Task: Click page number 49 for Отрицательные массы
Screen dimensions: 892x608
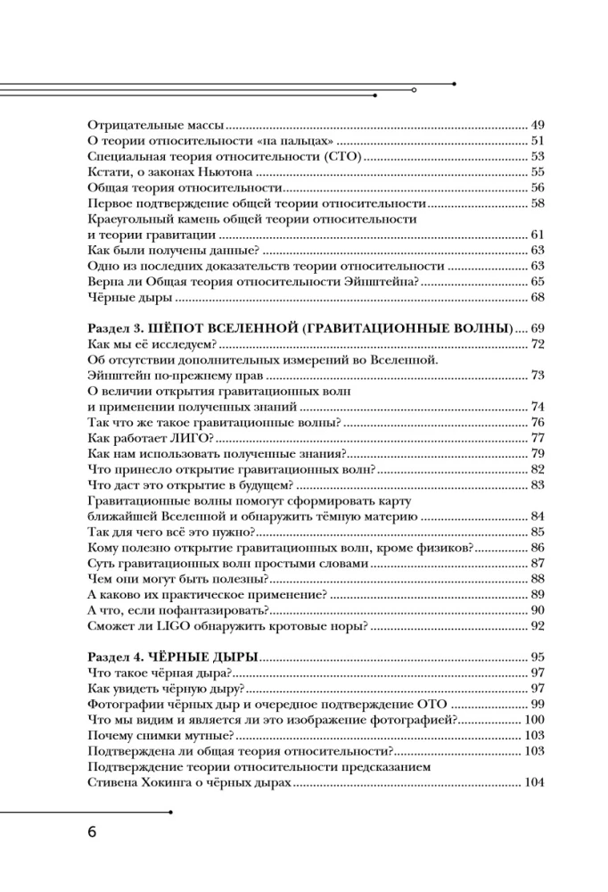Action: (537, 125)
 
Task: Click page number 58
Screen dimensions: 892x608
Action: (537, 203)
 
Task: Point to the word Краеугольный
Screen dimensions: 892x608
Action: (129, 219)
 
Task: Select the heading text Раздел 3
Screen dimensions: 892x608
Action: (116, 328)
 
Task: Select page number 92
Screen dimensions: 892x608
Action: (537, 626)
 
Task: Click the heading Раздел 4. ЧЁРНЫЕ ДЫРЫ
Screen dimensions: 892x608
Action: (174, 657)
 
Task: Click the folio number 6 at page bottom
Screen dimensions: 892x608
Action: (92, 833)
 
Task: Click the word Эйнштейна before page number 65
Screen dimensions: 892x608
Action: (378, 282)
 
